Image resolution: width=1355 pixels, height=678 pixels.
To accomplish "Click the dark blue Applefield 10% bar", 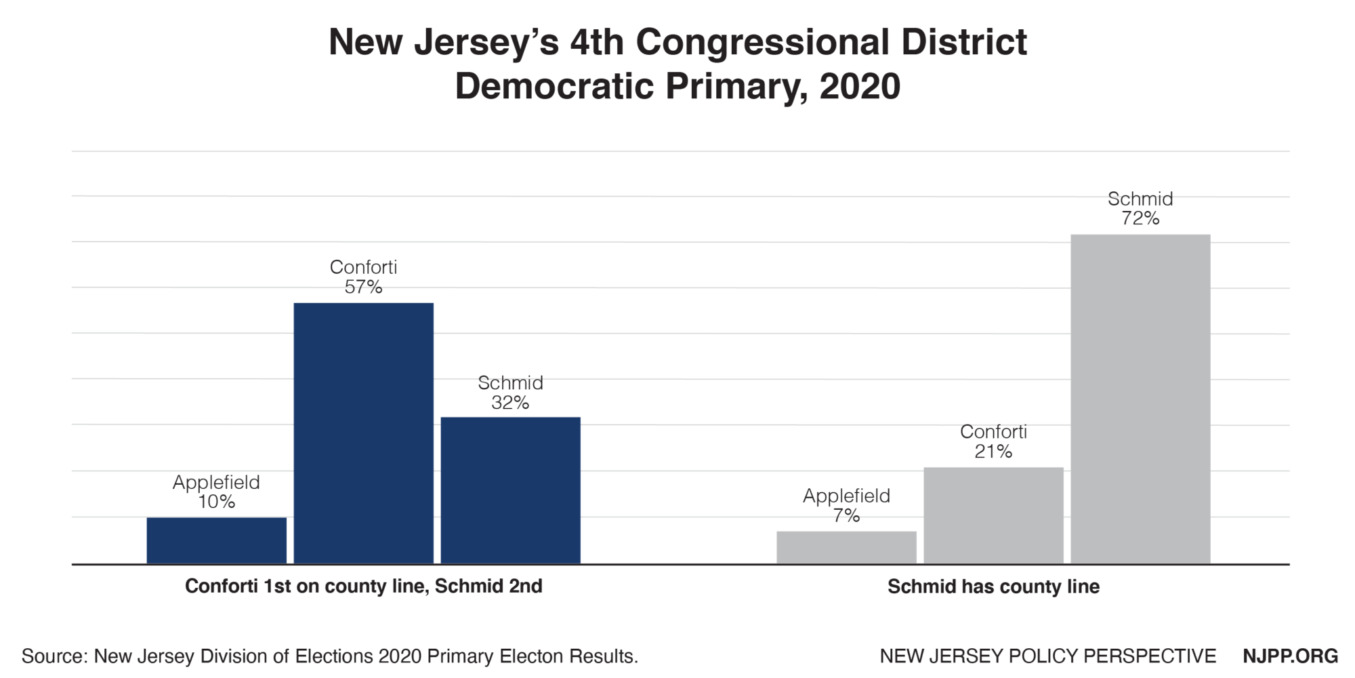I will click(217, 540).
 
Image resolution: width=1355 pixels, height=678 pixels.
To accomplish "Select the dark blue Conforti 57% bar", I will click(363, 433).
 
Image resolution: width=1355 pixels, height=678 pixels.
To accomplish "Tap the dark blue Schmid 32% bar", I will click(510, 490).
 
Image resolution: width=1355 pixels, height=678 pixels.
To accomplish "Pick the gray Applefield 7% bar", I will click(846, 547).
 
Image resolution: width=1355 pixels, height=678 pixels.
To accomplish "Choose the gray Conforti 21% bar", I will click(993, 515).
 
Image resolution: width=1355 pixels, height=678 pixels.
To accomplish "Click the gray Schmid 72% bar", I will click(1140, 399).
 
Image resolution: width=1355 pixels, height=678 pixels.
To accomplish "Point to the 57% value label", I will click(363, 287).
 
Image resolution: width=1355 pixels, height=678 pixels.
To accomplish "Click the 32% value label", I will click(510, 403).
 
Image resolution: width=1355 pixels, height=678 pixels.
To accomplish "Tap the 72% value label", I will click(1140, 218).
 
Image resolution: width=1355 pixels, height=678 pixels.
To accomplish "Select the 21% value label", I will click(993, 452).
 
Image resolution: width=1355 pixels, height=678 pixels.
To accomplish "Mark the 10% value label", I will click(217, 502).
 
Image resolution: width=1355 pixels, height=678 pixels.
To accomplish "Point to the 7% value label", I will click(846, 516).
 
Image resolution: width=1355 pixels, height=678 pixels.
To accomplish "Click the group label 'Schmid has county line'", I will click(993, 586).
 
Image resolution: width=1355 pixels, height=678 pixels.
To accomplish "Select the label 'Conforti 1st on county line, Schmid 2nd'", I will click(364, 586).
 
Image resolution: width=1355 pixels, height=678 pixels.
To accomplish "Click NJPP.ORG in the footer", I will click(1290, 656).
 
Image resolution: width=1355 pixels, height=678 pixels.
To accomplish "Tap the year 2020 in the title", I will click(859, 87).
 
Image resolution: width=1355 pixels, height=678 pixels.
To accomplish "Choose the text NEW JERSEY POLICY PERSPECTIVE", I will click(1047, 656).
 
